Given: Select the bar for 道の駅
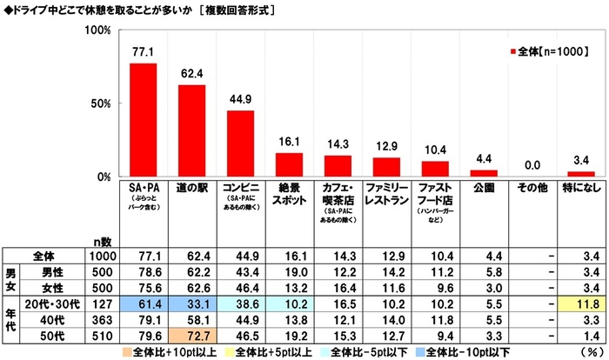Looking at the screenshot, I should coord(191,130).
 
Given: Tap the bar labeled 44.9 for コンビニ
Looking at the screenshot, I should coord(240,143).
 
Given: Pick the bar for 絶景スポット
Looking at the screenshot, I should coord(289,164).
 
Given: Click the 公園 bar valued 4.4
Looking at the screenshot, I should coord(484,173).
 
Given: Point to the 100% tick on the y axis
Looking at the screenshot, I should coord(98,30).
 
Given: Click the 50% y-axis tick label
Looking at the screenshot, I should coord(101,103).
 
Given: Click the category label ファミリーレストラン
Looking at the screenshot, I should coord(386,192).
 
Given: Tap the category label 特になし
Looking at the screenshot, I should coord(581,188).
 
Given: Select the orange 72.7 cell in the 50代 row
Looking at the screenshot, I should coord(191,332).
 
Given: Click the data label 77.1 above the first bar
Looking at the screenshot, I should coord(143,53).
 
